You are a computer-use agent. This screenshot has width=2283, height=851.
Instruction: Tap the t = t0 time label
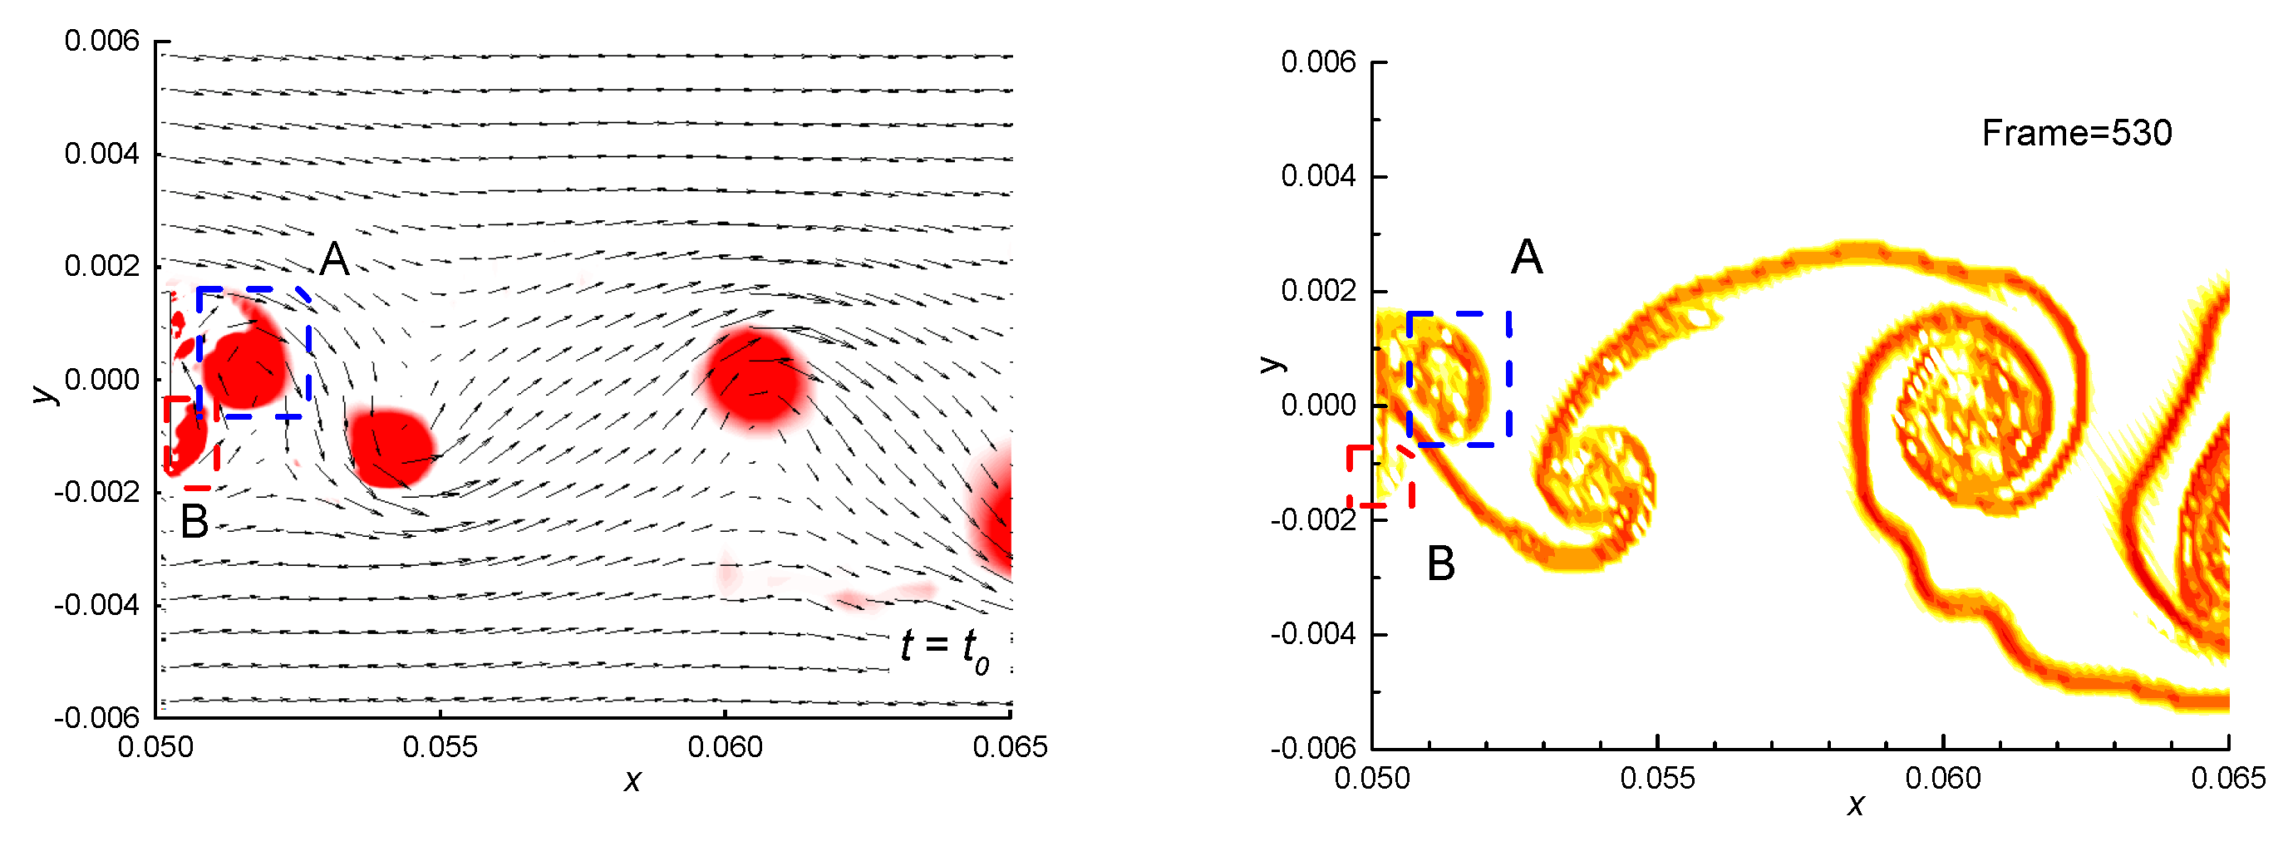click(x=945, y=648)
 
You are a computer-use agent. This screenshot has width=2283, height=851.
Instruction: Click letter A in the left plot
click(x=334, y=258)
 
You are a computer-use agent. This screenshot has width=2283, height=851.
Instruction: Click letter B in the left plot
click(x=194, y=521)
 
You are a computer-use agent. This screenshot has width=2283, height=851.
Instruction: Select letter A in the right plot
click(x=1526, y=258)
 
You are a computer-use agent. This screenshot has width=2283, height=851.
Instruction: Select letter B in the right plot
click(x=1440, y=563)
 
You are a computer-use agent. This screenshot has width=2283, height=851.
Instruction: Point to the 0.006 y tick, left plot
click(x=102, y=41)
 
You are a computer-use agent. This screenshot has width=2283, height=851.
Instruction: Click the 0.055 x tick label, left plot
click(x=440, y=747)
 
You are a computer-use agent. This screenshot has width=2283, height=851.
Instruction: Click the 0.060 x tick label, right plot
click(x=1943, y=779)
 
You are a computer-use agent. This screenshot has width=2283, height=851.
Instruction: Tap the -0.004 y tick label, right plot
click(x=1312, y=634)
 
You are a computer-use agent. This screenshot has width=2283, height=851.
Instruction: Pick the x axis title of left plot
click(x=632, y=781)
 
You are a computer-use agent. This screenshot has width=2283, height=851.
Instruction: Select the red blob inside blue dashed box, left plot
click(x=244, y=368)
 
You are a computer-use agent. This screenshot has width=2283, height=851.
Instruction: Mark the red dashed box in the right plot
click(x=1379, y=477)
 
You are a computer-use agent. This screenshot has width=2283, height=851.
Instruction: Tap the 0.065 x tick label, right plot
click(x=2227, y=779)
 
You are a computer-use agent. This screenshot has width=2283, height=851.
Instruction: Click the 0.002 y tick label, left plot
click(x=102, y=266)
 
